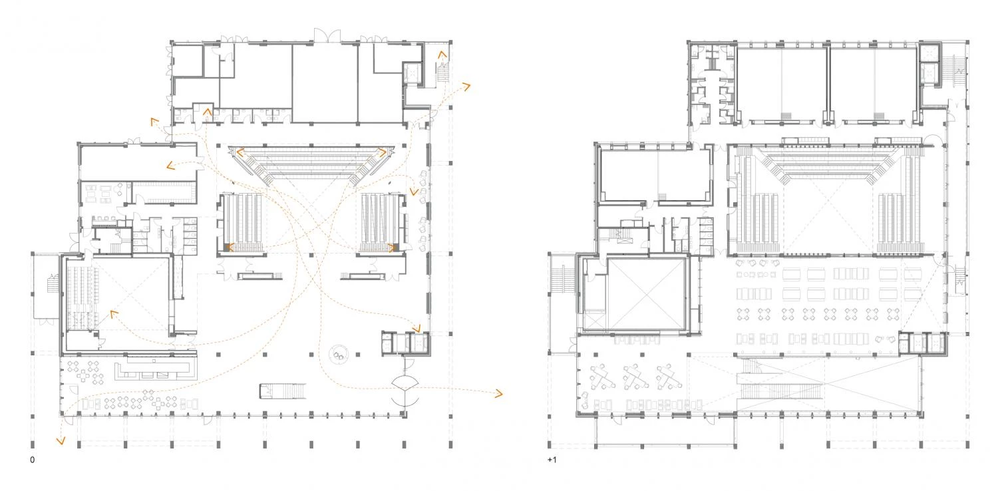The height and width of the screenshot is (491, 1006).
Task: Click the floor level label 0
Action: click(33, 460)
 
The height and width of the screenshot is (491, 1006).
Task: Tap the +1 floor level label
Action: click(552, 460)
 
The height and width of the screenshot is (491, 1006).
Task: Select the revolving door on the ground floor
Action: click(405, 389)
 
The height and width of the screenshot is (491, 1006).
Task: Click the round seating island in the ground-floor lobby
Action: click(339, 354)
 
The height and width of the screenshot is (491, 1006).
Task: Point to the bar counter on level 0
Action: click(156, 368)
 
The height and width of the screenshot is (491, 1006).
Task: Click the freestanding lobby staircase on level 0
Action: click(283, 391)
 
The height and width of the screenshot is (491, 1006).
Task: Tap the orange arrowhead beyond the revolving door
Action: click(498, 394)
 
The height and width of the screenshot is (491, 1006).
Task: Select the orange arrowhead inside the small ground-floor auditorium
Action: click(114, 314)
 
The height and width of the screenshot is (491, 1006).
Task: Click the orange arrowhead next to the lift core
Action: click(417, 329)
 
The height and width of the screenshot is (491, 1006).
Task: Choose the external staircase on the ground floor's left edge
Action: click(53, 283)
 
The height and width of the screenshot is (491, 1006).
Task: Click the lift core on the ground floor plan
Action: click(406, 344)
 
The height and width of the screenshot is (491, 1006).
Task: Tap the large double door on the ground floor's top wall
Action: click(327, 35)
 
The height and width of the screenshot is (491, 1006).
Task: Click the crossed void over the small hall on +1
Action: click(646, 295)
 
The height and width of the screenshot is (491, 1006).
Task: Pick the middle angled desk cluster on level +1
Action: click(634, 377)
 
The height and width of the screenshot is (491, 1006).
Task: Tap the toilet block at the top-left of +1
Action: click(712, 84)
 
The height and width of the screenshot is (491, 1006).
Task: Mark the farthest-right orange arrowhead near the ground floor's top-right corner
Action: click(466, 86)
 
